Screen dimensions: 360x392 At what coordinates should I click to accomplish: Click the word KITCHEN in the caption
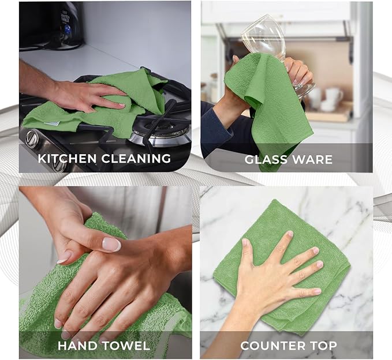pos(65,158)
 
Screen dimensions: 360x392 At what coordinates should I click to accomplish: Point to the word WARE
pos(312,159)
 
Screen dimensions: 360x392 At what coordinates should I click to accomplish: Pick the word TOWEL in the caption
pos(126,346)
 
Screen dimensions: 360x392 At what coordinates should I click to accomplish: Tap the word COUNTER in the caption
pos(273,346)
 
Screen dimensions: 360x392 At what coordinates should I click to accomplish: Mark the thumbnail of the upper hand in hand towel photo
pos(111,244)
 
